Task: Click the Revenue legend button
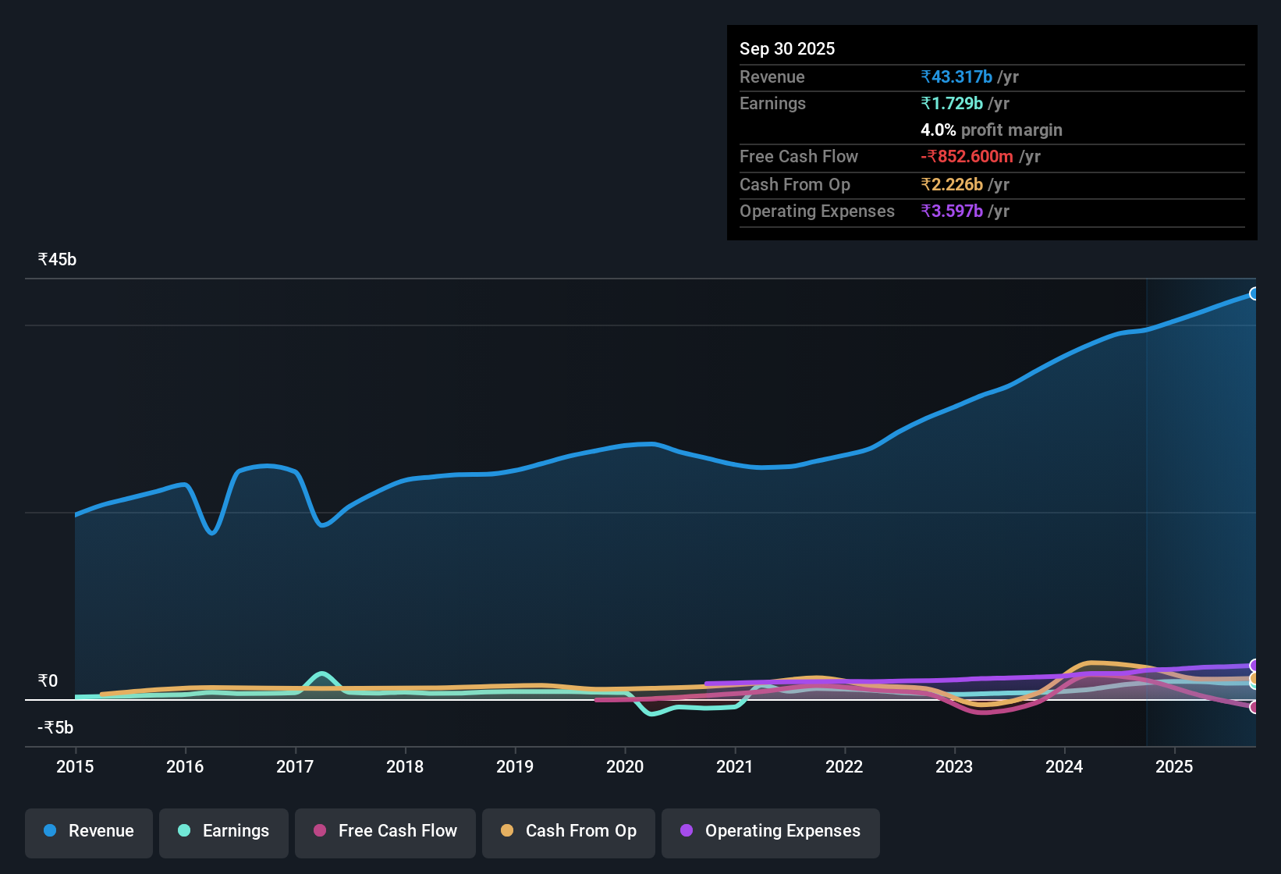point(89,832)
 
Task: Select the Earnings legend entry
point(224,832)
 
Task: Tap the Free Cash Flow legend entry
point(385,832)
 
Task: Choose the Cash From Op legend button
point(569,832)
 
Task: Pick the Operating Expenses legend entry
point(771,832)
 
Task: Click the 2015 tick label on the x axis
point(75,767)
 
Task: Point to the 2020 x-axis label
point(625,767)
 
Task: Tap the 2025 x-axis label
point(1173,767)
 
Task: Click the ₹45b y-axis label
point(57,260)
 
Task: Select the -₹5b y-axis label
point(55,728)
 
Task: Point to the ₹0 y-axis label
point(48,681)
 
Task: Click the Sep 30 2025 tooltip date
point(786,49)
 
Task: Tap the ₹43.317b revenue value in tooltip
point(956,77)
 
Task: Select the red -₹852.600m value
point(967,157)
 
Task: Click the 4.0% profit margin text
point(991,130)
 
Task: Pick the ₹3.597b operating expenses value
point(952,211)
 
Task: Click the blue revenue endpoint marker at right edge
point(1254,294)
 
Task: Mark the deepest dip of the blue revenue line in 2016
point(212,533)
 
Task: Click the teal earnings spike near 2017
point(321,673)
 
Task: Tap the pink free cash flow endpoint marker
point(1254,707)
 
